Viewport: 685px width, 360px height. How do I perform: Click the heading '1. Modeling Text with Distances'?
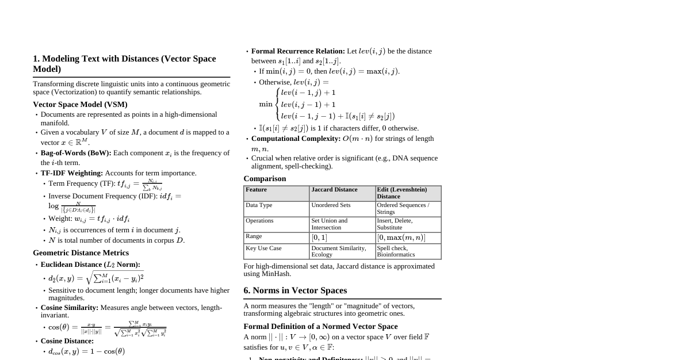point(124,63)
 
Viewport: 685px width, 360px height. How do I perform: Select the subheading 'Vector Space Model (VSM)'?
point(80,104)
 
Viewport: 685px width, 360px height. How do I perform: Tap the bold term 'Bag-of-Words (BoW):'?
point(76,153)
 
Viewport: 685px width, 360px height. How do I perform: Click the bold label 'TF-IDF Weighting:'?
point(72,173)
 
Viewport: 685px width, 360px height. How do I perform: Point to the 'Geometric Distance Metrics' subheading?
point(81,252)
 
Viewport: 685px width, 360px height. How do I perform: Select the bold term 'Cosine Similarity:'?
point(70,308)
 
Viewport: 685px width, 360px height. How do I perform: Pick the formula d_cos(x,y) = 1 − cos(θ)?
point(86,351)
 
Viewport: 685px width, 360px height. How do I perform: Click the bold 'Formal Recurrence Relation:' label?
point(298,51)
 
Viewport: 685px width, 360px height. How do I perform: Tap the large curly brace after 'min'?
point(277,104)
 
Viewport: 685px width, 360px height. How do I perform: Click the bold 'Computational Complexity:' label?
point(296,139)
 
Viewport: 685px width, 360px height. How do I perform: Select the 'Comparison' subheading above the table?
point(265,178)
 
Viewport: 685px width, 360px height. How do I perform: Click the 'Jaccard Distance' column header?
point(334,190)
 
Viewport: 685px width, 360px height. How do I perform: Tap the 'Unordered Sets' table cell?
point(331,205)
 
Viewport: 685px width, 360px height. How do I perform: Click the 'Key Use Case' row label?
point(263,248)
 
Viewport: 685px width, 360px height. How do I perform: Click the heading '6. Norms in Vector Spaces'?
point(295,290)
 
